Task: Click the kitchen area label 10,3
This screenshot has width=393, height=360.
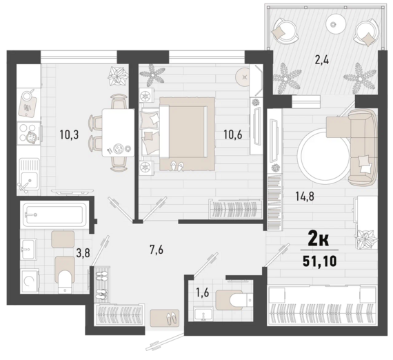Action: (x=69, y=135)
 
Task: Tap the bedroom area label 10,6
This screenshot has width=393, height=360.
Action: (x=233, y=135)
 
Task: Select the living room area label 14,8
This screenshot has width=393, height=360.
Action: (x=305, y=197)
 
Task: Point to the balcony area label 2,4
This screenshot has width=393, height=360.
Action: (x=321, y=61)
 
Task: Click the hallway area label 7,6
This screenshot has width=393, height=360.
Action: (x=156, y=250)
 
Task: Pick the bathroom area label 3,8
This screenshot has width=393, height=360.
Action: (x=83, y=253)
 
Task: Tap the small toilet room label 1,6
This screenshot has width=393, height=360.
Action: (x=203, y=292)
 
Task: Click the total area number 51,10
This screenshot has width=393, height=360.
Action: (x=319, y=262)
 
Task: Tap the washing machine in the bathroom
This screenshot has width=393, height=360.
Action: (x=30, y=281)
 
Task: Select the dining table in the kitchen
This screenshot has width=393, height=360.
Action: (x=118, y=133)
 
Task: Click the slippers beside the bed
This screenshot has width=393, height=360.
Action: (x=177, y=166)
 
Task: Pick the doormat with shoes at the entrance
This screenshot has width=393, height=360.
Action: (x=165, y=318)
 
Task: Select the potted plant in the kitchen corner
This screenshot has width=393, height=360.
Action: (x=117, y=76)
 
